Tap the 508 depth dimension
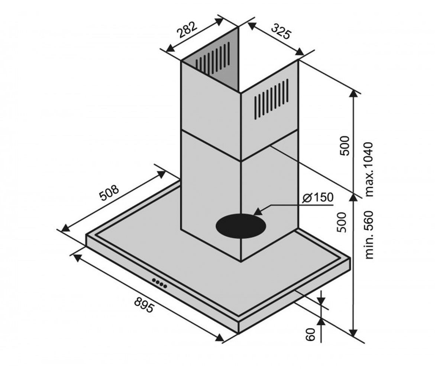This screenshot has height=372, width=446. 109,192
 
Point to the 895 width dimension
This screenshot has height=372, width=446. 144,305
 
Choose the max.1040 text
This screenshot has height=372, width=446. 369,169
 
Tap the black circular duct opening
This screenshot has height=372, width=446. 241,226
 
